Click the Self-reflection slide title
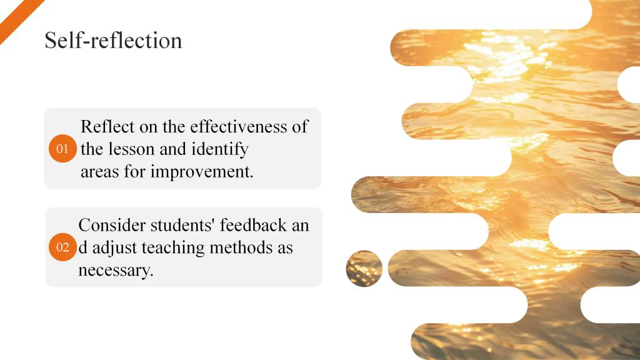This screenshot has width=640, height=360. tap(113, 41)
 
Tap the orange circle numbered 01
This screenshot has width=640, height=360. tap(62, 149)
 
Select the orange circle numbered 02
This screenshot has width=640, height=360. tap(62, 247)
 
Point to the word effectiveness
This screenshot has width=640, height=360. tap(239, 126)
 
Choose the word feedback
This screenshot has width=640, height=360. tap(254, 225)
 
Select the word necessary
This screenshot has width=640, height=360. tap(116, 271)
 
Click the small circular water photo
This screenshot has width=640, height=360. tap(364, 269)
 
